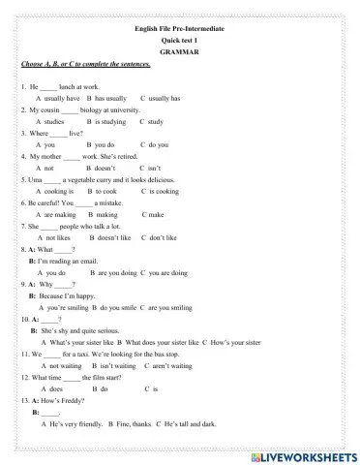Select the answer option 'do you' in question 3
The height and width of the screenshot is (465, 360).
159,145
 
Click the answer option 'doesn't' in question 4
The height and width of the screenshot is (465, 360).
105,169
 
